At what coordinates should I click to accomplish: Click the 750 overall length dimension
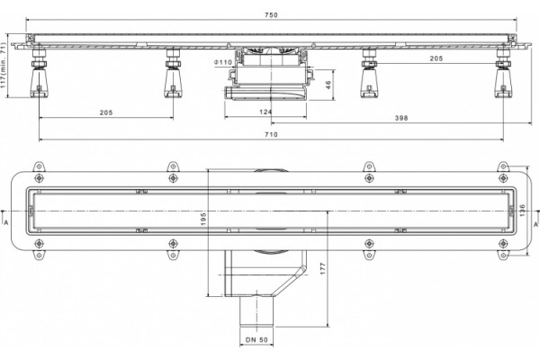[271, 14]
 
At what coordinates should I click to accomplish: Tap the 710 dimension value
[271, 135]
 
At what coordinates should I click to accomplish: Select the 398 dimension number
[401, 118]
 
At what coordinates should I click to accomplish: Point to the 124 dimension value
[265, 112]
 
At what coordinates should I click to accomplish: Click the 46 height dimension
[328, 85]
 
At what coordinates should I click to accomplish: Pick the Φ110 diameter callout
[223, 62]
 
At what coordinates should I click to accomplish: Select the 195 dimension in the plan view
[203, 220]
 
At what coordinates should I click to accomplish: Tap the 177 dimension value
[323, 268]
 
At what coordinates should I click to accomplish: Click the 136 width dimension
[522, 211]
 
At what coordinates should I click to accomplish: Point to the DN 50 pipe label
[256, 339]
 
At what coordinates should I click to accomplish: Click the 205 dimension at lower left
[106, 112]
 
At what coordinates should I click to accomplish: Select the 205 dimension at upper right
[436, 58]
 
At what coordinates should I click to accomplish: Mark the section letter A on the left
[6, 223]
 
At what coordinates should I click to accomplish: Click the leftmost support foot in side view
[39, 73]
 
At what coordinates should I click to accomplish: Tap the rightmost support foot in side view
[503, 73]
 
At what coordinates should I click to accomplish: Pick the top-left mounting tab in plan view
[39, 167]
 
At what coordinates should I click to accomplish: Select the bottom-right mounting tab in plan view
[503, 256]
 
